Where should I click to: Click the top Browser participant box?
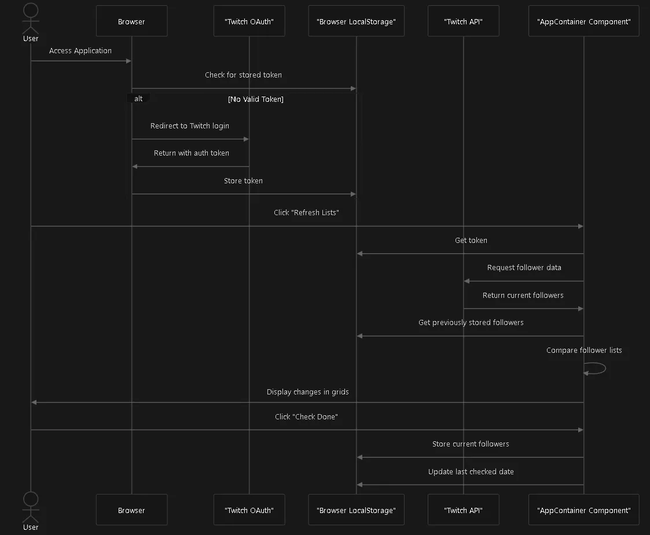point(132,21)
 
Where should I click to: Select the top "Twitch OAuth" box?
point(249,21)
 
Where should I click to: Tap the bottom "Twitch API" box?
point(464,510)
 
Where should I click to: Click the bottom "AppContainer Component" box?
point(583,510)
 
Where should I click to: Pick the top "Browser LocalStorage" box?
point(356,21)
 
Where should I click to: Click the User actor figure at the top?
point(31,19)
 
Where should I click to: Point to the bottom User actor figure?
point(31,507)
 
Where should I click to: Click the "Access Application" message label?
point(80,50)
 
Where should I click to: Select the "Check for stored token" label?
point(243,75)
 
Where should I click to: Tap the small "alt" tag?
point(138,98)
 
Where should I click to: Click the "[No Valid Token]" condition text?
point(256,99)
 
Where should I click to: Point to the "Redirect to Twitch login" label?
point(190,126)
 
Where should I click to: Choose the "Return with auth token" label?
point(192,153)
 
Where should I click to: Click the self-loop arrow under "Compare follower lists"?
point(595,368)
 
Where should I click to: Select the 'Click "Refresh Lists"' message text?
point(306,212)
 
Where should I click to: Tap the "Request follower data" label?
point(524,267)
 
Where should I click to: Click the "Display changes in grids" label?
point(307,392)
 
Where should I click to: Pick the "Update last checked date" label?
point(471,471)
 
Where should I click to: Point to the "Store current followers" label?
point(471,444)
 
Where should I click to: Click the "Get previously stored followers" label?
point(471,323)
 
